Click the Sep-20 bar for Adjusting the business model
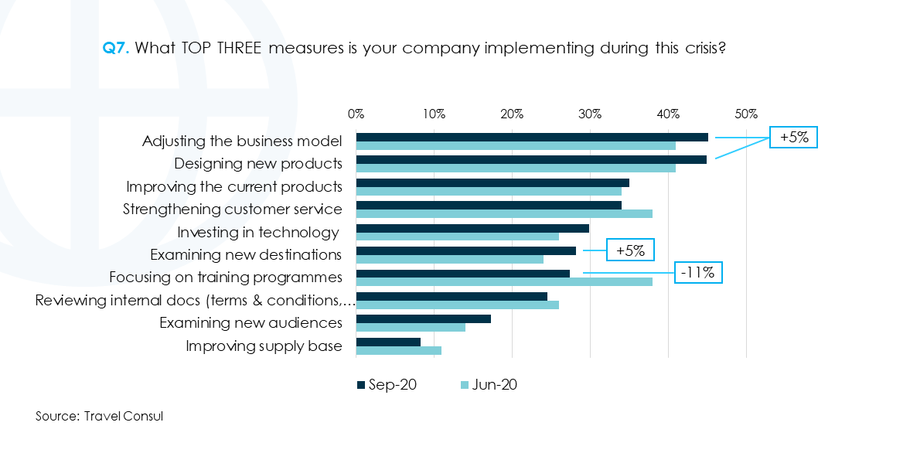[x=532, y=137]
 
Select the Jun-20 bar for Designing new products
[x=516, y=169]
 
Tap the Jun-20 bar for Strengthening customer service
[x=504, y=214]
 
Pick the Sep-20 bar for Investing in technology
[x=472, y=228]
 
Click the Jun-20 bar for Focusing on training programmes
[x=504, y=282]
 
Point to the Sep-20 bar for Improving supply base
[x=388, y=342]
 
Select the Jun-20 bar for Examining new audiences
[x=411, y=327]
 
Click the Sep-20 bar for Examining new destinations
[x=465, y=250]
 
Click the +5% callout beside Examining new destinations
[x=630, y=250]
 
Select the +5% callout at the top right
[x=793, y=138]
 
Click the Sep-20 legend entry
[x=387, y=385]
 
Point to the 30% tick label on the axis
[x=590, y=114]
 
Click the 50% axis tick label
[x=746, y=114]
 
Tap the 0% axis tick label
[x=356, y=114]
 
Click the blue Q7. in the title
[x=117, y=48]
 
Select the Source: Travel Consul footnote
[x=100, y=416]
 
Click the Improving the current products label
[x=234, y=187]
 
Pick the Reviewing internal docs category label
[x=195, y=301]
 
